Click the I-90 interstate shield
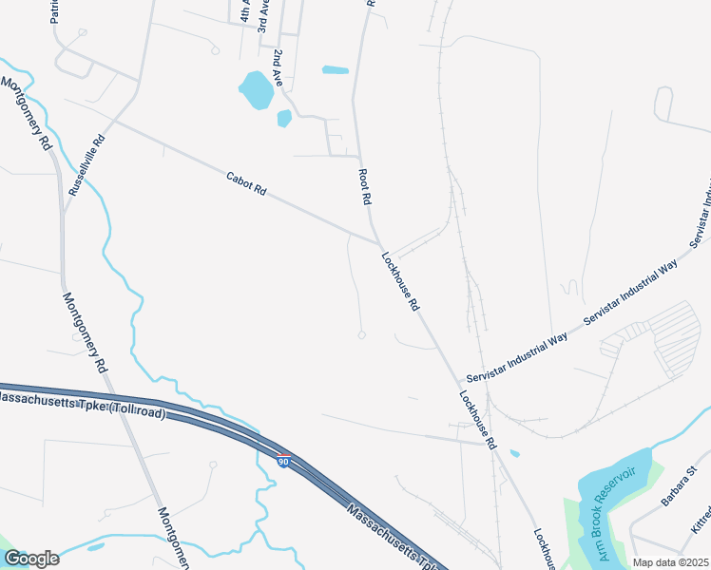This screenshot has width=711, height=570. click(x=283, y=461)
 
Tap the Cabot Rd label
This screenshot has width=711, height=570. click(x=246, y=183)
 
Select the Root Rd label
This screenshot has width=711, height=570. click(x=363, y=187)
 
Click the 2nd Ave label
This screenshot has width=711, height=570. click(x=278, y=68)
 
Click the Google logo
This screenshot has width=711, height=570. click(x=31, y=559)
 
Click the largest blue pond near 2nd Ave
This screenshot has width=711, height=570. click(x=255, y=90)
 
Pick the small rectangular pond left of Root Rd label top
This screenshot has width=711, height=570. click(x=335, y=69)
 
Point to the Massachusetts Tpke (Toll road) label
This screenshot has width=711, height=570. click(x=84, y=404)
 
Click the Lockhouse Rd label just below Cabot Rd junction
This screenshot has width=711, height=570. click(x=400, y=281)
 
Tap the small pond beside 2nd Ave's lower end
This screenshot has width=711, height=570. click(x=284, y=119)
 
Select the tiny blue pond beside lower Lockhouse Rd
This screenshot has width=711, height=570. click(x=514, y=453)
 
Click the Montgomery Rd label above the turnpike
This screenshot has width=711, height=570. click(x=86, y=332)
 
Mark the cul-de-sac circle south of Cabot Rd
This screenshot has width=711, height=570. click(x=361, y=334)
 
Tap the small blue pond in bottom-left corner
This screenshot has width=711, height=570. click(x=95, y=546)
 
